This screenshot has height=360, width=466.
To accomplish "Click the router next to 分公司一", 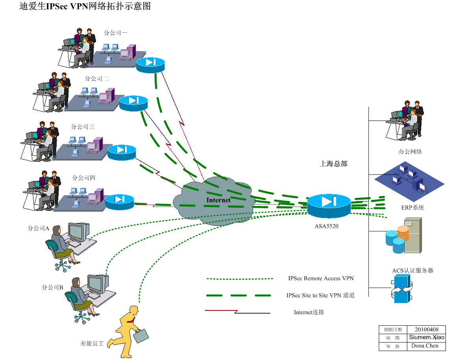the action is pyautogui.click(x=150, y=65).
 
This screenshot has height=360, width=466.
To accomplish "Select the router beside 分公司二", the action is pyautogui.click(x=133, y=103).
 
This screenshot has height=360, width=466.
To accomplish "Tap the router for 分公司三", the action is pyautogui.click(x=122, y=152).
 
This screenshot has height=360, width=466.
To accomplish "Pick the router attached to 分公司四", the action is pyautogui.click(x=120, y=202).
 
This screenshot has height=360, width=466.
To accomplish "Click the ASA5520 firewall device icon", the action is pyautogui.click(x=329, y=205).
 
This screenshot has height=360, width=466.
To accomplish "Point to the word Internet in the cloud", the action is pyautogui.click(x=218, y=200).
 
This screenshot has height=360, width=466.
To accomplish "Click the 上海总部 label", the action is pyautogui.click(x=333, y=164).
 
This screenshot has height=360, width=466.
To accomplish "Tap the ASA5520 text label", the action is pyautogui.click(x=326, y=226).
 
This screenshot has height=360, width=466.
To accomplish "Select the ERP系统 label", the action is pyautogui.click(x=412, y=208).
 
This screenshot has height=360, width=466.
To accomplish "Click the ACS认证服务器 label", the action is pyautogui.click(x=412, y=270).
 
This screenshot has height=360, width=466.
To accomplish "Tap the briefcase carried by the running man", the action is pyautogui.click(x=141, y=336).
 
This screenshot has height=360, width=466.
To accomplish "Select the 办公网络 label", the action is pyautogui.click(x=410, y=152).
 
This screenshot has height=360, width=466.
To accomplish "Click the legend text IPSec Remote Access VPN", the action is pyautogui.click(x=321, y=278).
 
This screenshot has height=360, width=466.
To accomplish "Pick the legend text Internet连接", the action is pyautogui.click(x=309, y=312).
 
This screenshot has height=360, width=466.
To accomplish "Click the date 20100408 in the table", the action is pyautogui.click(x=427, y=329).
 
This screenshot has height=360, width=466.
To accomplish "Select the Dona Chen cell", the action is pyautogui.click(x=425, y=346).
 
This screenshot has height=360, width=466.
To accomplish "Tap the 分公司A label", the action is pyautogui.click(x=38, y=228).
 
